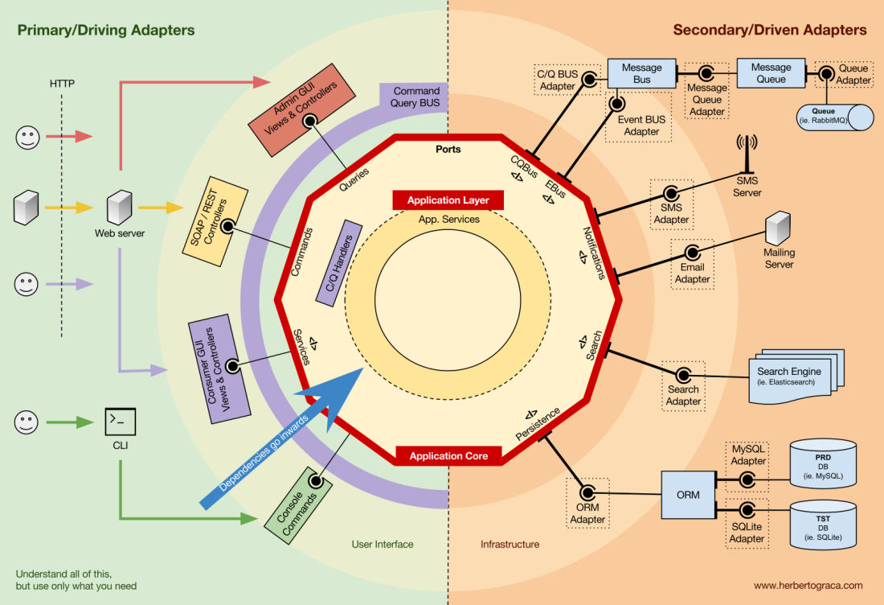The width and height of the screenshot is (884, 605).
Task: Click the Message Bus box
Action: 641,73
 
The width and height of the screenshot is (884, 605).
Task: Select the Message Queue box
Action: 771,73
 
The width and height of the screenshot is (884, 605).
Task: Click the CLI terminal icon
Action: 120,421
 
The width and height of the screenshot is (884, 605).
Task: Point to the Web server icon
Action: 119,208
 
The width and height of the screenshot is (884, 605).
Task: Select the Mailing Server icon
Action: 778,228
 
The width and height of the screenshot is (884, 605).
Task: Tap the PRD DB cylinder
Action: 822,463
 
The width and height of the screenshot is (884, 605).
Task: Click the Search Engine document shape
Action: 791,374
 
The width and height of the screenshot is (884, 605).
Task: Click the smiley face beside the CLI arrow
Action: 27,421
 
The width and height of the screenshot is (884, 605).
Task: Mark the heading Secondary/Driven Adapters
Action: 769,31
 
